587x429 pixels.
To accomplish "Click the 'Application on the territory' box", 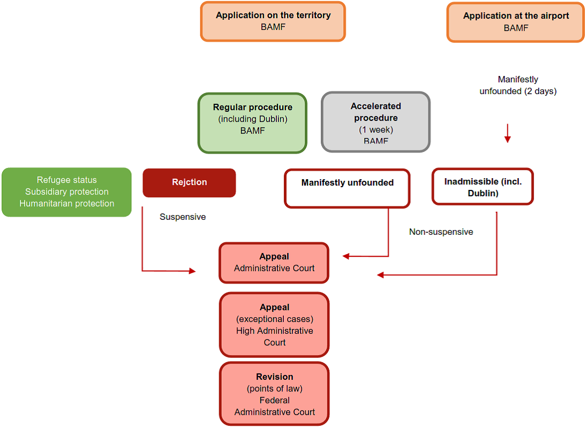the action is pyautogui.click(x=273, y=21).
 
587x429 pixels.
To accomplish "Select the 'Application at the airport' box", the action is pyautogui.click(x=515, y=22).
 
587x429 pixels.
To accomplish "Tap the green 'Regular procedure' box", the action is pyautogui.click(x=252, y=123).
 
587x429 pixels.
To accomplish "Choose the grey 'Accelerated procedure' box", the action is pyautogui.click(x=375, y=122).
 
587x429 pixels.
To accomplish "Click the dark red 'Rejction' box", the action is pyautogui.click(x=189, y=182).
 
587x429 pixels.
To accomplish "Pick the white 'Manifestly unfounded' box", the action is pyautogui.click(x=347, y=188).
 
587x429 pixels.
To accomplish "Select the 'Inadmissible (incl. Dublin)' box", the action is pyautogui.click(x=483, y=187).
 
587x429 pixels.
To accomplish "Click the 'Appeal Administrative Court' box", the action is pyautogui.click(x=274, y=263).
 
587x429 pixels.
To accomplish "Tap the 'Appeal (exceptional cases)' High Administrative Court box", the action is pyautogui.click(x=274, y=325).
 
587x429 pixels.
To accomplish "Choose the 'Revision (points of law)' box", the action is pyautogui.click(x=274, y=394).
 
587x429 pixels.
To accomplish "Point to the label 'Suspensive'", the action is pyautogui.click(x=183, y=217).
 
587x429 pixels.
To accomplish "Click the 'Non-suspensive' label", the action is pyautogui.click(x=441, y=232).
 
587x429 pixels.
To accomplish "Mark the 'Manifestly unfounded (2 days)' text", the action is pyautogui.click(x=518, y=85).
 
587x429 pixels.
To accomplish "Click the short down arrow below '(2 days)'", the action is pyautogui.click(x=507, y=133).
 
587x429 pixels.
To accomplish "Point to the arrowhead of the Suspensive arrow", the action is pyautogui.click(x=192, y=271).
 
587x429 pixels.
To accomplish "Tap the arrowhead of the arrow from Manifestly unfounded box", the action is pyautogui.click(x=346, y=256).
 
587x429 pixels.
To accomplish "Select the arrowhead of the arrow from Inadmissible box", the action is pyautogui.click(x=380, y=275).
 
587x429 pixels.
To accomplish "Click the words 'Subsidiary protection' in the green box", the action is pyautogui.click(x=66, y=192).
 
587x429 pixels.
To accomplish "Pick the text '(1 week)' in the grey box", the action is pyautogui.click(x=376, y=130).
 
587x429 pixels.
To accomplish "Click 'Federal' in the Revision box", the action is pyautogui.click(x=274, y=400).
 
